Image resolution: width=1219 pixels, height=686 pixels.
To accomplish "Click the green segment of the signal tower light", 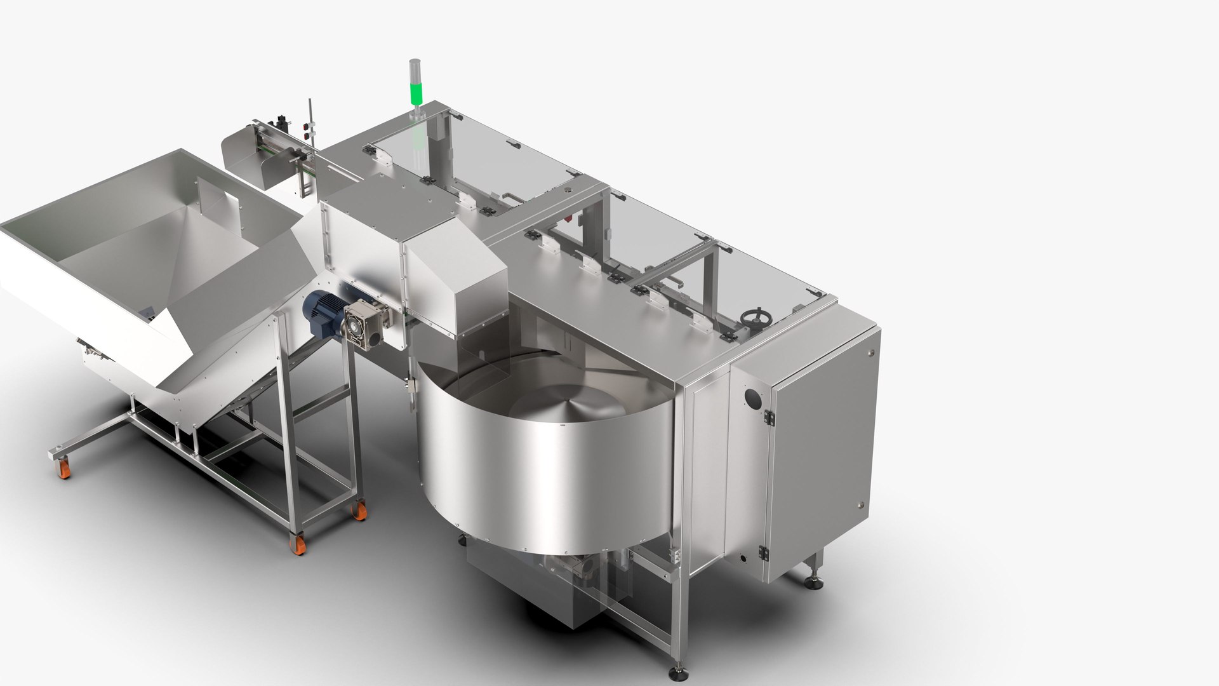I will pyautogui.click(x=416, y=93).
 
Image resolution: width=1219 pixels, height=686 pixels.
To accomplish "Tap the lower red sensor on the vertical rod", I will pyautogui.click(x=309, y=135).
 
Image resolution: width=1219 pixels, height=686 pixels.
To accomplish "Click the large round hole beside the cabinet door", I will pyautogui.click(x=754, y=399).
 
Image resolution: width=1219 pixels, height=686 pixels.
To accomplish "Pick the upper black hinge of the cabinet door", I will pyautogui.click(x=770, y=417).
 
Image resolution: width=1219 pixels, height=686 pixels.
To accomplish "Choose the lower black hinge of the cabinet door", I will pyautogui.click(x=763, y=553).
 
